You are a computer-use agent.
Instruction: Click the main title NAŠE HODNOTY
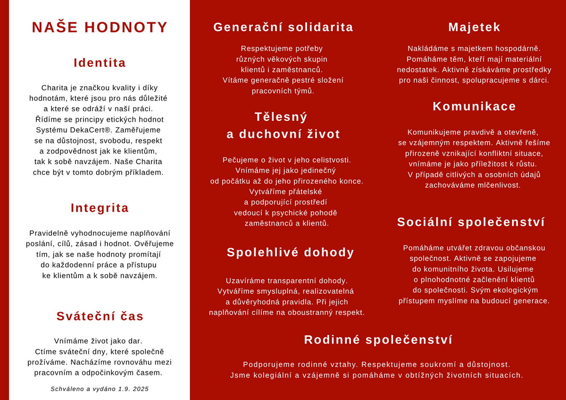tap(100, 27)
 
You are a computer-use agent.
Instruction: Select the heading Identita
tap(100, 63)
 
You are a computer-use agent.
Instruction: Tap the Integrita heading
tap(100, 208)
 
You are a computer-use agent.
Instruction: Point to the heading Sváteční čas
tap(100, 316)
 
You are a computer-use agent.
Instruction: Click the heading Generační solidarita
tap(283, 27)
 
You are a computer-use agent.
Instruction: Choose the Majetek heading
tap(474, 27)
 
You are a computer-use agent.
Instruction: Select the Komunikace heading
tap(474, 106)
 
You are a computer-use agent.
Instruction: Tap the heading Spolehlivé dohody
tap(290, 252)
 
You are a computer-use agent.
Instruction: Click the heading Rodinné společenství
tap(378, 340)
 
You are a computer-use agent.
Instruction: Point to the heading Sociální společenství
tap(471, 222)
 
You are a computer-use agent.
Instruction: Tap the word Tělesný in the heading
tap(281, 117)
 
